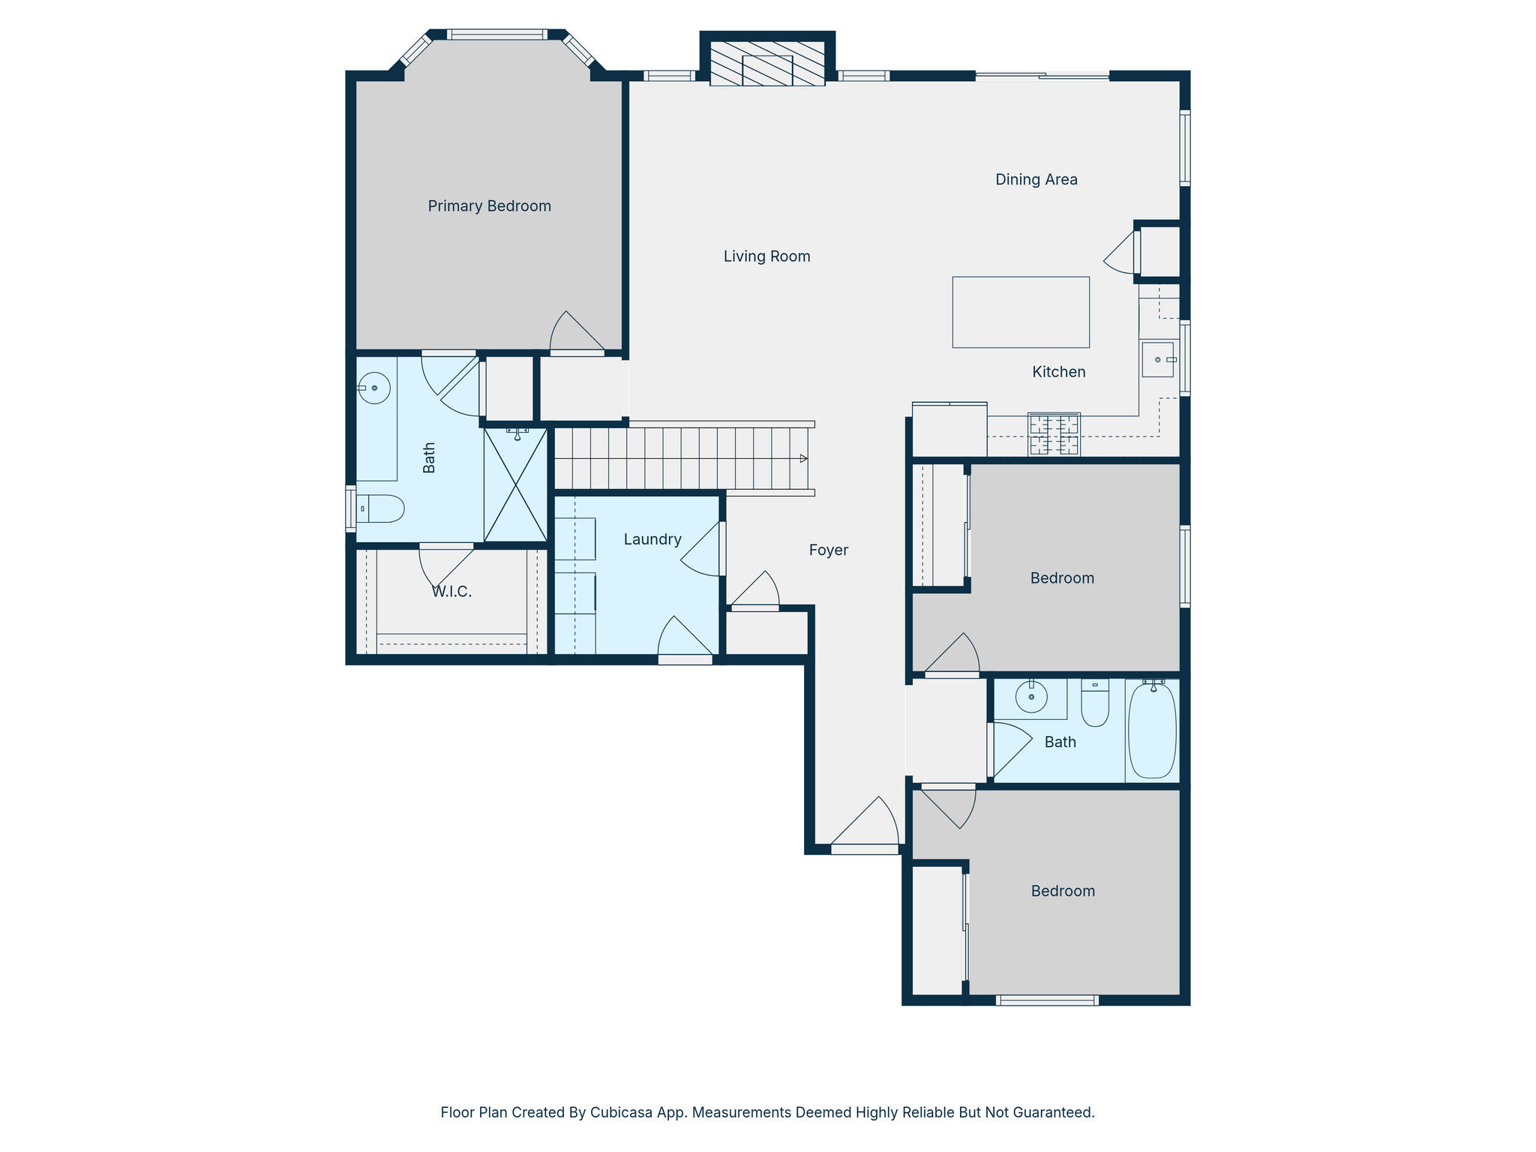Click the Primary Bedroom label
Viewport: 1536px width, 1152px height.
coord(489,206)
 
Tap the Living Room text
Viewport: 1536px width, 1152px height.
coord(766,256)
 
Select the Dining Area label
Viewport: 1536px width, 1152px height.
coord(1036,179)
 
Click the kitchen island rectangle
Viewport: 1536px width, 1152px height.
coord(1020,312)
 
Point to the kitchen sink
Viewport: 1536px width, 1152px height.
coord(1157,360)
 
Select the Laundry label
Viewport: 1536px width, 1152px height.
coord(652,539)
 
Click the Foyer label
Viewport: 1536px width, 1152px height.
coord(828,550)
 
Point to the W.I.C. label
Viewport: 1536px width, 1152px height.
coord(451,592)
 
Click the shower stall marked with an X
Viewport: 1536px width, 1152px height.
coord(515,484)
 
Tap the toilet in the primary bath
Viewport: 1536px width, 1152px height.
coord(382,508)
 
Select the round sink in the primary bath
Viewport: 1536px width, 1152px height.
coord(374,388)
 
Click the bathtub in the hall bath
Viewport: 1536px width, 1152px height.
coord(1152,730)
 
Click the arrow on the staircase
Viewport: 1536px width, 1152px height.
coord(803,458)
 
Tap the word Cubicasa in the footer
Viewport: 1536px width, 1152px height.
coord(619,1112)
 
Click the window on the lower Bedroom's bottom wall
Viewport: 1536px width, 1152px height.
coord(1047,1000)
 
